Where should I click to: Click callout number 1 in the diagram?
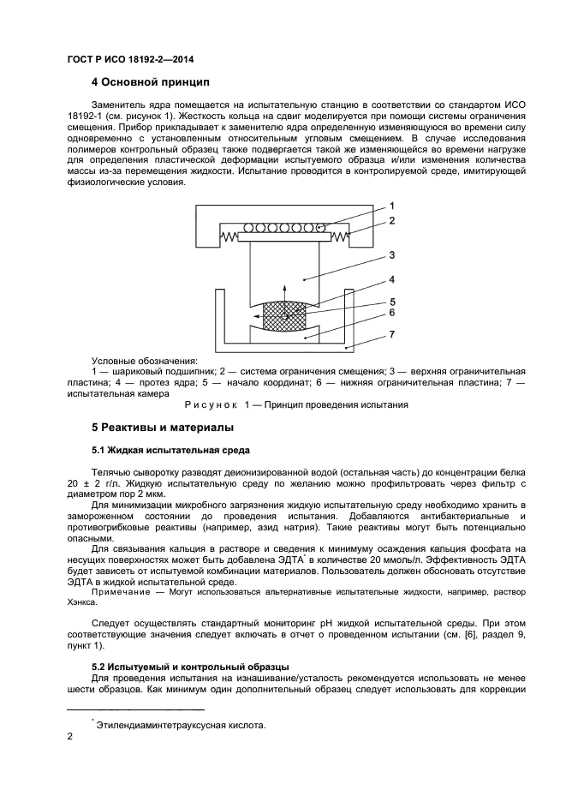(391, 206)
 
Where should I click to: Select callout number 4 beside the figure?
(391, 279)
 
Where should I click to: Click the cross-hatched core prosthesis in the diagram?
(284, 314)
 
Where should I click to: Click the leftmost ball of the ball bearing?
(249, 229)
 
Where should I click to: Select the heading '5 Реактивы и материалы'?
(162, 427)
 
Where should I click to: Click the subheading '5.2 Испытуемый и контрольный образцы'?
(189, 666)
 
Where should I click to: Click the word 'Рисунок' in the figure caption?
(212, 404)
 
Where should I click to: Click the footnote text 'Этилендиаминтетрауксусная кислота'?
(182, 726)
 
